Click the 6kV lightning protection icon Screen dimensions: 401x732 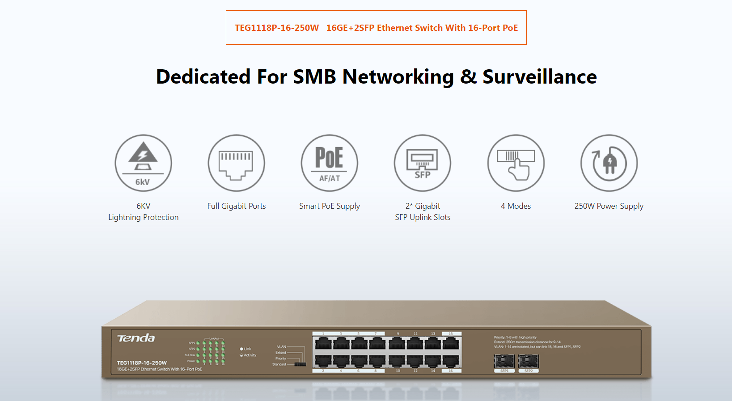pyautogui.click(x=143, y=163)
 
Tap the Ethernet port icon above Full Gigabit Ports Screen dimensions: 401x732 pyautogui.click(x=236, y=163)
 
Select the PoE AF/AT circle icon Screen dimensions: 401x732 pyautogui.click(x=330, y=163)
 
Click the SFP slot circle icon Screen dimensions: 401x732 pyautogui.click(x=423, y=163)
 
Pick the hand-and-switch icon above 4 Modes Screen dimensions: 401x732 pyautogui.click(x=516, y=163)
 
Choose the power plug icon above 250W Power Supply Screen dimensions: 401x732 pyautogui.click(x=609, y=163)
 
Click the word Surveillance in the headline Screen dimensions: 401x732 pyautogui.click(x=539, y=77)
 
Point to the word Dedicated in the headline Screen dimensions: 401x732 pyautogui.click(x=203, y=77)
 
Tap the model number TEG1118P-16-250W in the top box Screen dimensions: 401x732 pyautogui.click(x=277, y=28)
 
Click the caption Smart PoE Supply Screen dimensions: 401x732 pyautogui.click(x=330, y=206)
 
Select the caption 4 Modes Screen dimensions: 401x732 pyautogui.click(x=516, y=206)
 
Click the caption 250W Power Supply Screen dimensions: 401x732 pyautogui.click(x=609, y=206)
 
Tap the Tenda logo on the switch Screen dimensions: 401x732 pyautogui.click(x=136, y=338)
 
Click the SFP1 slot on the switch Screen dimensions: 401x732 pyautogui.click(x=504, y=361)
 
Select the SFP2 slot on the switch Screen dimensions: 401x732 pyautogui.click(x=529, y=361)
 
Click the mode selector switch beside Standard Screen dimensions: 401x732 pyautogui.click(x=300, y=364)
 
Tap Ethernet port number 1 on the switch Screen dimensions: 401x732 pyautogui.click(x=323, y=343)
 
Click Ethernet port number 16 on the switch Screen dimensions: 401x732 pyautogui.click(x=451, y=360)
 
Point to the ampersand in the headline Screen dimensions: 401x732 pyautogui.click(x=468, y=77)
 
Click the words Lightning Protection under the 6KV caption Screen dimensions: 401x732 pyautogui.click(x=143, y=217)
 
